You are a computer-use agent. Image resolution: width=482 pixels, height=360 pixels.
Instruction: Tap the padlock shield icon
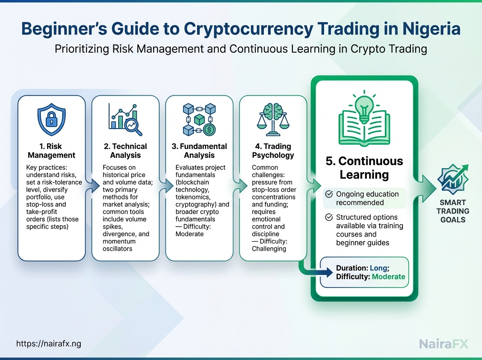tap(51, 119)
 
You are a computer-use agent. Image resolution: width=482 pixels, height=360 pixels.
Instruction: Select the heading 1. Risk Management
tap(51, 151)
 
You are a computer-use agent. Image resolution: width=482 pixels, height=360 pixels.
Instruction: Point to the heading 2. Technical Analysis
tap(125, 151)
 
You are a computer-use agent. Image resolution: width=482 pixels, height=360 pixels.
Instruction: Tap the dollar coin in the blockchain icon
tap(209, 130)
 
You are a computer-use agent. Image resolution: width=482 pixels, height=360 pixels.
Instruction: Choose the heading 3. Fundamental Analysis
tap(199, 151)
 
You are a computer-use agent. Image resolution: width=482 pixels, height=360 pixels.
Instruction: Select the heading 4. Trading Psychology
tap(273, 151)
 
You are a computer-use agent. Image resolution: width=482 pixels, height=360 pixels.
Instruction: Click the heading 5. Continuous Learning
tap(364, 168)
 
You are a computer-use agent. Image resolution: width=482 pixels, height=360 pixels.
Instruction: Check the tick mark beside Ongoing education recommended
tap(329, 194)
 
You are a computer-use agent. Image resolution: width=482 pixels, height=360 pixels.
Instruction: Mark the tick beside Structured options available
tap(329, 217)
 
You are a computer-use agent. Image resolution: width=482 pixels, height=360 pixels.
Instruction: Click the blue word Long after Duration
tap(379, 268)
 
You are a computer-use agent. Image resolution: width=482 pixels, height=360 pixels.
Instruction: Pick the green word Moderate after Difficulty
tap(388, 276)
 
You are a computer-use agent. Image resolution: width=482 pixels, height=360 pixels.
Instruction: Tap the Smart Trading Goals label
tap(453, 211)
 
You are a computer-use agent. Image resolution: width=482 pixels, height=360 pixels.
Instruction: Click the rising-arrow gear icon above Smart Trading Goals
tap(453, 179)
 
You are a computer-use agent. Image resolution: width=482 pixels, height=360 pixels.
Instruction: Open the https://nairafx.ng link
tap(49, 344)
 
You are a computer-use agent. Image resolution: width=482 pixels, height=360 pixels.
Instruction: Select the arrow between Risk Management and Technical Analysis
tap(92, 186)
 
